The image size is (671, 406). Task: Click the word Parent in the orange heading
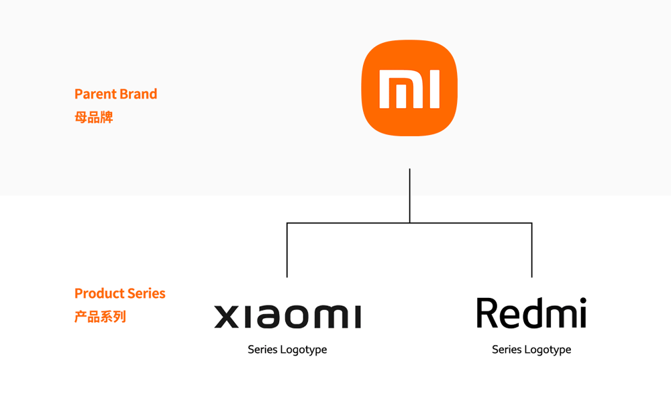[x=95, y=94]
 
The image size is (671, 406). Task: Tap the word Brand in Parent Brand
[x=139, y=94]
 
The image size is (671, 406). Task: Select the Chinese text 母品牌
[x=93, y=117]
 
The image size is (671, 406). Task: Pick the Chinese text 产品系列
[x=100, y=316]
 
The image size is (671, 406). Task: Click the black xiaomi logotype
[x=287, y=316]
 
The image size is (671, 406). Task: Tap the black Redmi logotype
[x=531, y=313]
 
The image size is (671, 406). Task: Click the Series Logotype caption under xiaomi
[x=287, y=350]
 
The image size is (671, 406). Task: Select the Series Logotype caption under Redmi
[x=531, y=350]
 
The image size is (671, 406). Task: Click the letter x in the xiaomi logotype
[x=227, y=317]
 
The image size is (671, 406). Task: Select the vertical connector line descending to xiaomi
[x=287, y=250]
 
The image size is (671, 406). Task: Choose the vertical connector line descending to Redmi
[x=531, y=250]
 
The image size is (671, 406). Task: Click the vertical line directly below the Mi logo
[x=409, y=195]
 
